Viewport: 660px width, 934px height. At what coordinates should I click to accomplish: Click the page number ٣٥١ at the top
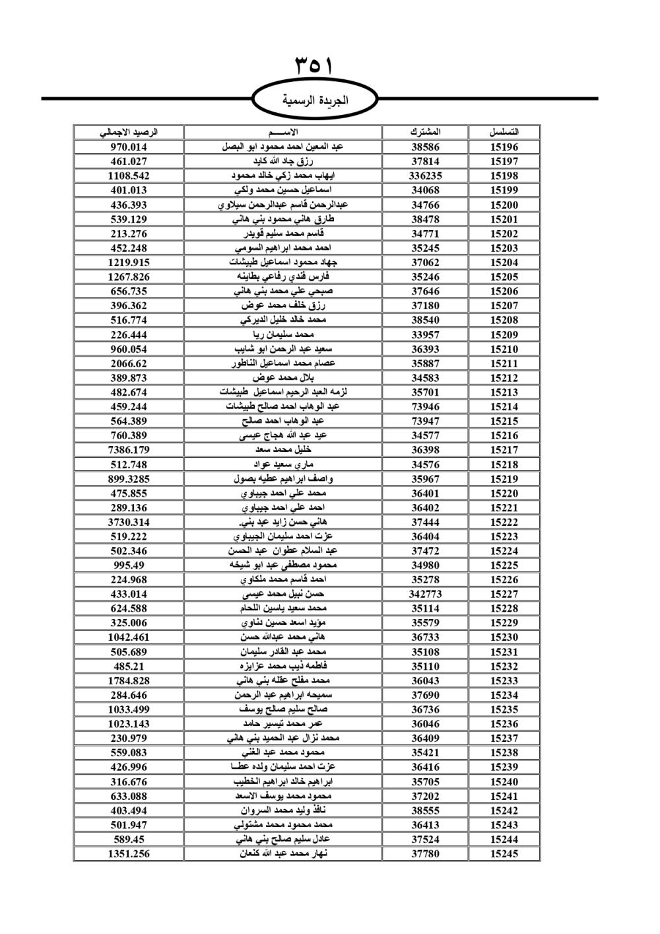point(313,66)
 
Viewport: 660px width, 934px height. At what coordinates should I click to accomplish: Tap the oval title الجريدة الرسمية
point(315,100)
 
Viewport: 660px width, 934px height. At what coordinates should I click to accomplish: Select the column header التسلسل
point(504,132)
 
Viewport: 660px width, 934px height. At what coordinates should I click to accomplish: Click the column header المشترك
point(425,132)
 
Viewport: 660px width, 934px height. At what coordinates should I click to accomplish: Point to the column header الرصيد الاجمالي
point(129,132)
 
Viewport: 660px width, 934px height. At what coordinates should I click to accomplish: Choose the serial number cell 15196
point(504,147)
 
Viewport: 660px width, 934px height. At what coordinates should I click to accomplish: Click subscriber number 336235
point(425,176)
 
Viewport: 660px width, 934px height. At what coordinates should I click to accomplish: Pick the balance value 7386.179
point(129,450)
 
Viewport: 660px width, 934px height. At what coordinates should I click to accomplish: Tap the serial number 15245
point(504,853)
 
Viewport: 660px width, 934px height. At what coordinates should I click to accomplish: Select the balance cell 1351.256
point(129,853)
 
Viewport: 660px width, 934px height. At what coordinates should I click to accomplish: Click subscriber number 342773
point(425,594)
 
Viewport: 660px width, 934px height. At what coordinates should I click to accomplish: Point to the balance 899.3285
point(129,479)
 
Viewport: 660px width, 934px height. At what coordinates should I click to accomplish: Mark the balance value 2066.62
point(129,363)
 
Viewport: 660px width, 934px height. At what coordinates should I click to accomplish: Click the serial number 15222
point(504,522)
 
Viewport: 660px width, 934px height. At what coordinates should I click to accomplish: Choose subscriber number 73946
point(425,407)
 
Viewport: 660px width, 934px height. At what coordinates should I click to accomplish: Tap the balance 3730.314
point(129,522)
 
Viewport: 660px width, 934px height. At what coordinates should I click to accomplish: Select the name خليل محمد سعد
point(283,450)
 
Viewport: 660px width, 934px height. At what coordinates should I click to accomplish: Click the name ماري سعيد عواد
point(283,464)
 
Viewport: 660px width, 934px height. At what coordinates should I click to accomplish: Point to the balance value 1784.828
point(129,680)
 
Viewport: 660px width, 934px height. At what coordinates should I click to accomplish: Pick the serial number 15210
point(504,349)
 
